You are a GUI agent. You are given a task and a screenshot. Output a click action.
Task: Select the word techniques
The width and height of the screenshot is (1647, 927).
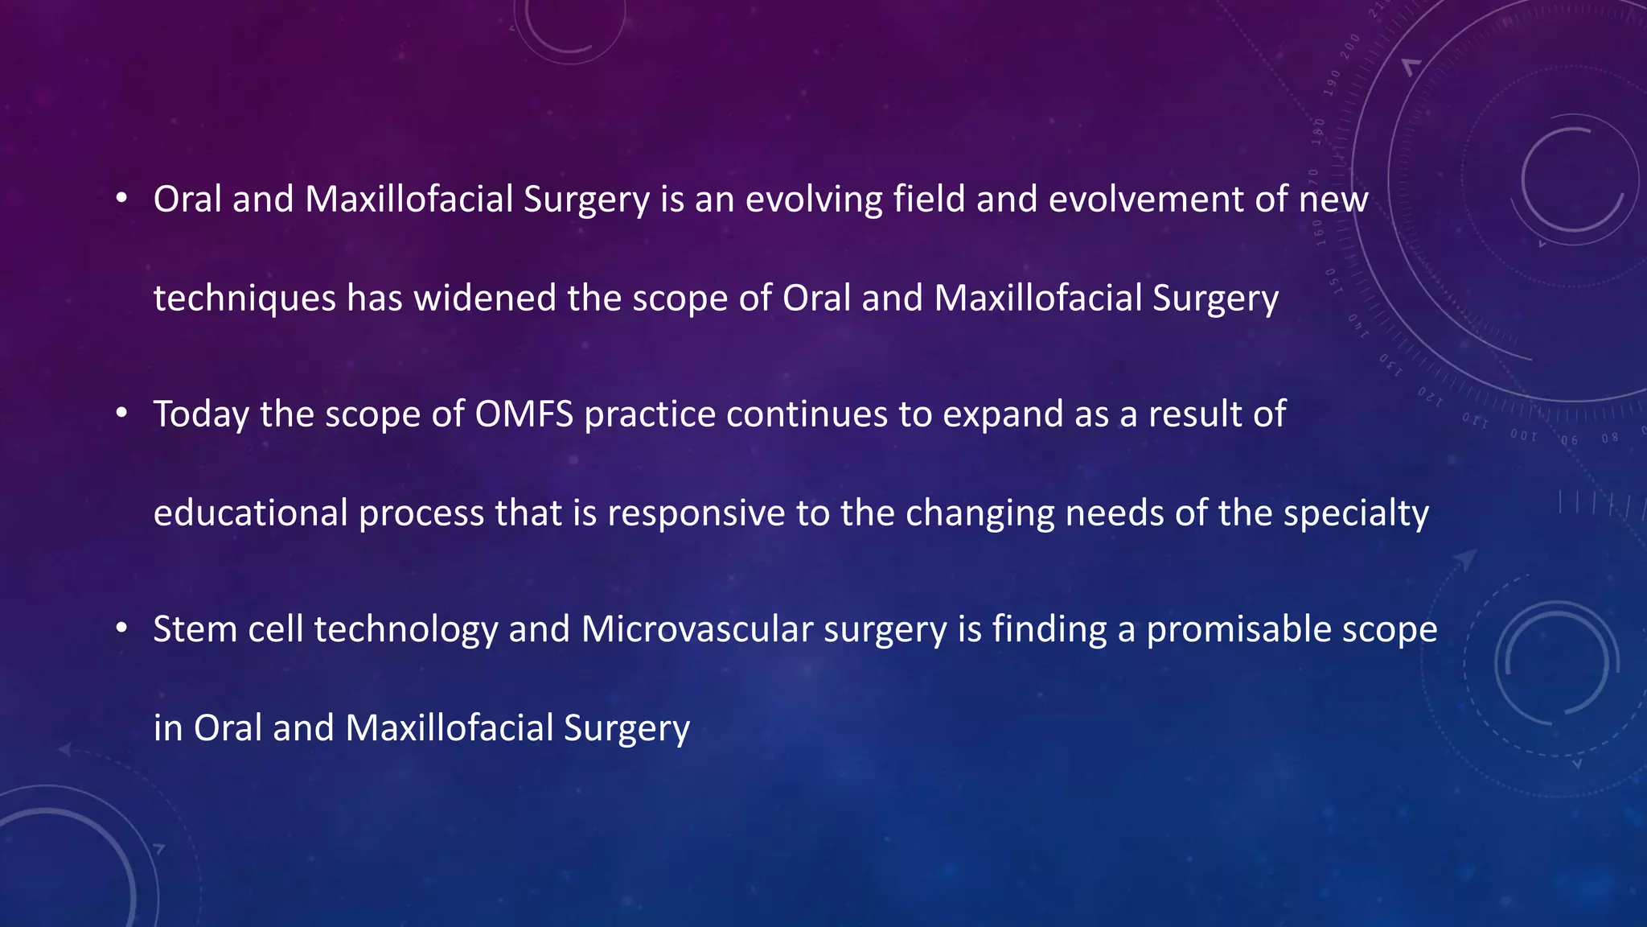point(244,299)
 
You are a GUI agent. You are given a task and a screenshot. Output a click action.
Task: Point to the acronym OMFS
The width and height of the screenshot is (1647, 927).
point(524,414)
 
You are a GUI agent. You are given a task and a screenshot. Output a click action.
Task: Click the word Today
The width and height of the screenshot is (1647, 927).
point(201,414)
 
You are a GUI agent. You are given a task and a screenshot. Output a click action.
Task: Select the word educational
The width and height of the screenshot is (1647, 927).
point(250,513)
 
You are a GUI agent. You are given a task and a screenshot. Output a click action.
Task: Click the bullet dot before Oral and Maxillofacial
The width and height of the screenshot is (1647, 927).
point(121,198)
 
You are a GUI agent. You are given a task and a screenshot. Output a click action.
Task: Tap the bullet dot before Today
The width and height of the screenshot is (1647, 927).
point(121,413)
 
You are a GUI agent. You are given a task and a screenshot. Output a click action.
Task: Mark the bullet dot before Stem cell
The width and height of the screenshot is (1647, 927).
point(121,628)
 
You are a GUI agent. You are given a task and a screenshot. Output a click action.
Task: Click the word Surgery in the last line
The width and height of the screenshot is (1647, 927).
point(626,728)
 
